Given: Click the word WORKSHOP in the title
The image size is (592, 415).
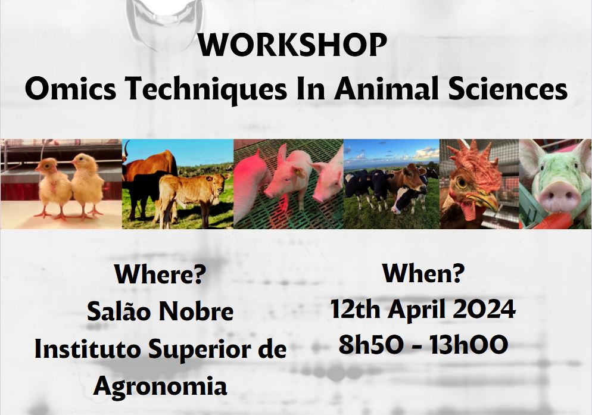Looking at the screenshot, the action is click(292, 45).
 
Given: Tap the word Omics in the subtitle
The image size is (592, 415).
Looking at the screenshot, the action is click(71, 89).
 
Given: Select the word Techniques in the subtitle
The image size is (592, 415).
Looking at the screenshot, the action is click(206, 91).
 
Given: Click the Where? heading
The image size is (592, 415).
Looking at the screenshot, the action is click(160, 274).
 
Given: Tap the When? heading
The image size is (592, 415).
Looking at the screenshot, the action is click(423, 273).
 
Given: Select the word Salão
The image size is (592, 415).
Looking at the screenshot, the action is click(119, 311).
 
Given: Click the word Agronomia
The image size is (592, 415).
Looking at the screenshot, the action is click(160, 386).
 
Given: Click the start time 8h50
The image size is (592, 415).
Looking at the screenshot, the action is click(370, 344).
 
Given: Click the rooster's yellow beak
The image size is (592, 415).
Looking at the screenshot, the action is click(484, 201).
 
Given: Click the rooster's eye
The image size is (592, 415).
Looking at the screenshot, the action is click(462, 182).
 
